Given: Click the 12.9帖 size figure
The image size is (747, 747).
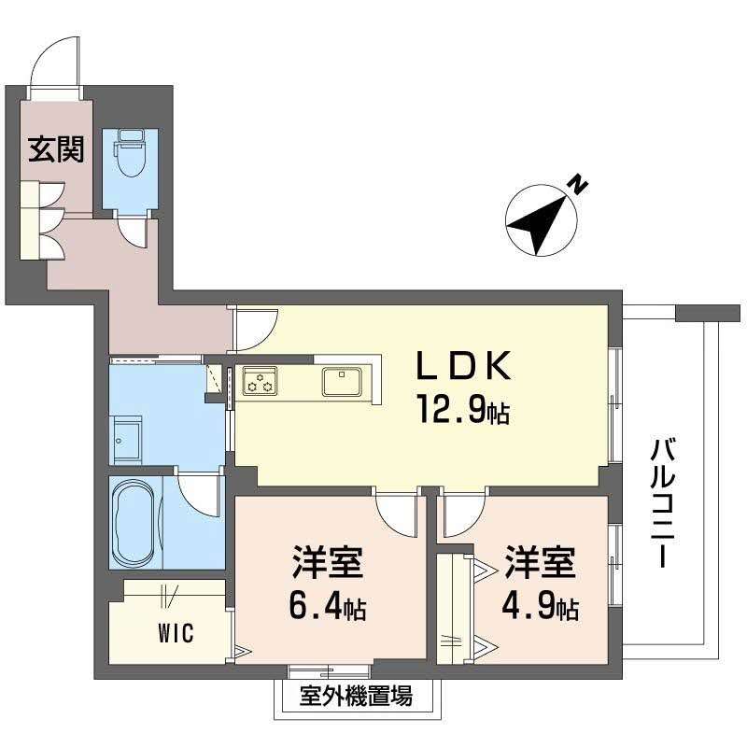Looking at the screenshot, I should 464,411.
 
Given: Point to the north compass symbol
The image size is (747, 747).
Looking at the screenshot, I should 540,220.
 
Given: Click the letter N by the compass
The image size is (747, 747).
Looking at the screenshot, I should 579,185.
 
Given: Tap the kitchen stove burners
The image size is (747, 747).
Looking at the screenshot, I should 260,381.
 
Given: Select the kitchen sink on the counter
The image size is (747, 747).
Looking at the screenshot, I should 344,381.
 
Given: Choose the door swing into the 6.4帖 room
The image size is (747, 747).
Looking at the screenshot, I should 393,514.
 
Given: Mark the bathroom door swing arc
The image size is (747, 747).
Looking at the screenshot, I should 201,495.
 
